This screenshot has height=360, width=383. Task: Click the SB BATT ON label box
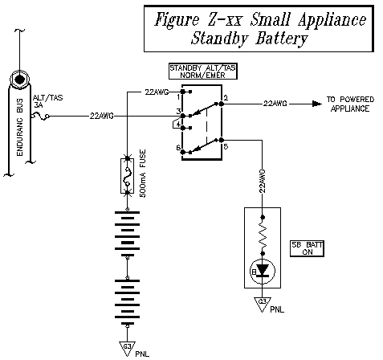(x=306, y=247)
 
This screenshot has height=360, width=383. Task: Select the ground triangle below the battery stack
(x=127, y=346)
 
